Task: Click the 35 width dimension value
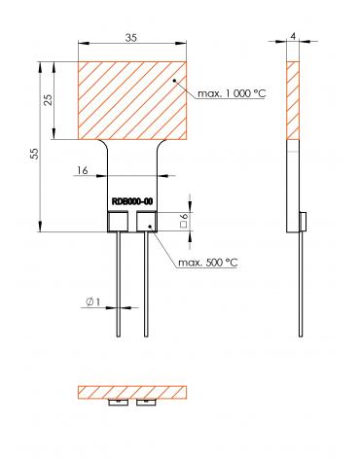point(131,38)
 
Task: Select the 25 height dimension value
point(48,101)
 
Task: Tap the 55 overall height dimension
point(34,154)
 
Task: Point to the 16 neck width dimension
point(83,170)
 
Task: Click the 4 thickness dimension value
point(293,36)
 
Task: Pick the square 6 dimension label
point(184,220)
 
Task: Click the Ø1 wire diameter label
point(93,301)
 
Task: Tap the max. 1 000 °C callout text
point(232,93)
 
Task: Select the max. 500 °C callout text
point(208,263)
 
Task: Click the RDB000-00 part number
point(132,201)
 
